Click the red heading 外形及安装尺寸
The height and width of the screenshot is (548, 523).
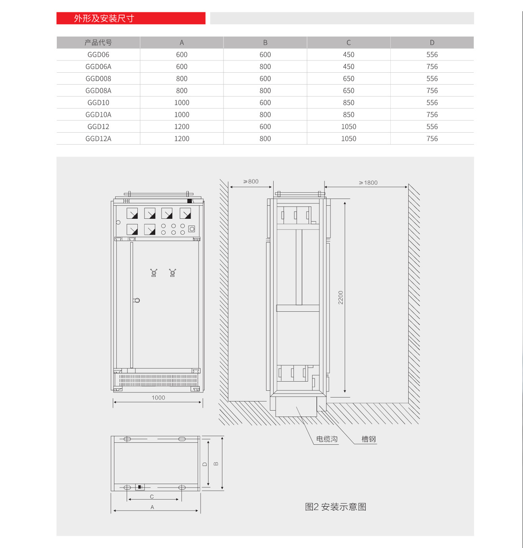104,18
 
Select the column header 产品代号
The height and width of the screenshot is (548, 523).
98,42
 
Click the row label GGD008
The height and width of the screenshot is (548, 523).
98,79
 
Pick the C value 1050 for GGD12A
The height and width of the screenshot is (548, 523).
348,139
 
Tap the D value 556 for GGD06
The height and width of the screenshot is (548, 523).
432,55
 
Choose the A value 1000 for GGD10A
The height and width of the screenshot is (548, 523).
181,115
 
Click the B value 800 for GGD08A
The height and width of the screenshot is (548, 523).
265,91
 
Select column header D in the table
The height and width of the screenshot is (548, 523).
432,42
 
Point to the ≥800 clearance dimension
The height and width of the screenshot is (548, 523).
251,181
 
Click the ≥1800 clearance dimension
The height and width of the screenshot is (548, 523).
368,183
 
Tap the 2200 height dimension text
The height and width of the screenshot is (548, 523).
340,297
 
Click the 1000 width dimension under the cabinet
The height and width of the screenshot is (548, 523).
158,397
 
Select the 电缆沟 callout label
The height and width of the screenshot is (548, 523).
326,439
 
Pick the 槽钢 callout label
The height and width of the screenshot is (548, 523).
368,439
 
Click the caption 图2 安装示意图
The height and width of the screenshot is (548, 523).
335,507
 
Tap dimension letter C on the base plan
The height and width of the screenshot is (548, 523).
152,497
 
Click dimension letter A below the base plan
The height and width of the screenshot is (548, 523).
152,507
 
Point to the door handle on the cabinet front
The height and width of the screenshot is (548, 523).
137,300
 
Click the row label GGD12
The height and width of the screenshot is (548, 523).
98,127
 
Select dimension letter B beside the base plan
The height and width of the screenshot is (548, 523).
216,463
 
